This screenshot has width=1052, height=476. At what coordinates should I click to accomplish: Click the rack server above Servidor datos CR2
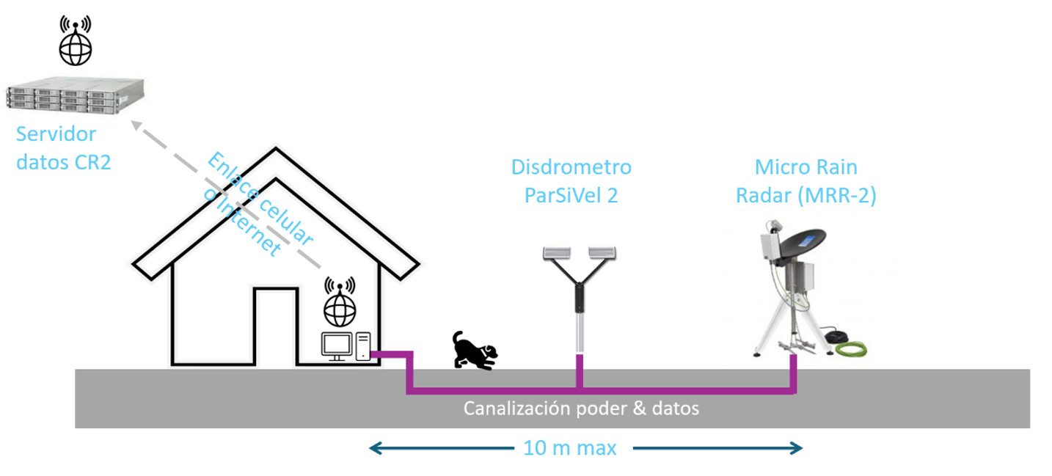point(76,98)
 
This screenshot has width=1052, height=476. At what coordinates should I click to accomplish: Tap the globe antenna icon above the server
point(76,41)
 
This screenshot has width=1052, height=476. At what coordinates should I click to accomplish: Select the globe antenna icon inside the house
point(340,302)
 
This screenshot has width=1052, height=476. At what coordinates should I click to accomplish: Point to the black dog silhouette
point(474,350)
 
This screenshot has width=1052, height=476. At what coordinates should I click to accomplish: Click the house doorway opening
point(276,326)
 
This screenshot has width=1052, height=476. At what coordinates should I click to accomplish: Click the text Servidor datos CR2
point(63,148)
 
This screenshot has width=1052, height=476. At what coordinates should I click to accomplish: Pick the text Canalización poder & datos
point(581,408)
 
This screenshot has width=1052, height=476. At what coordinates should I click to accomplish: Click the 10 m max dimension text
point(570,447)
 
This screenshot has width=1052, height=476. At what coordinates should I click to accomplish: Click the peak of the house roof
point(276,152)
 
